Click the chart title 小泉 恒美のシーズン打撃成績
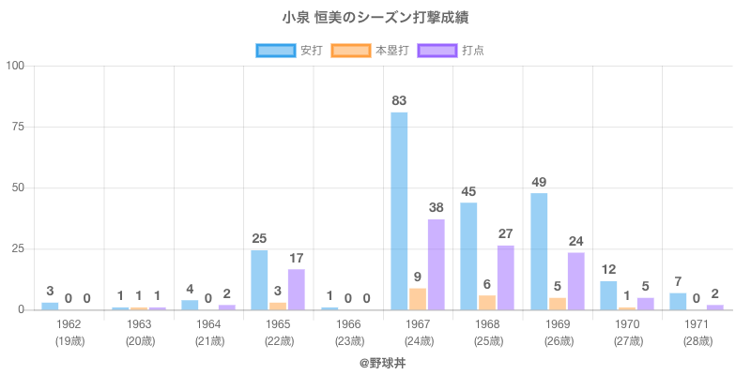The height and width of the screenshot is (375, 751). [375, 18]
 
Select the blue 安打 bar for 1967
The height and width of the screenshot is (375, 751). [399, 211]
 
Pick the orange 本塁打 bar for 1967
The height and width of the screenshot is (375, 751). [418, 299]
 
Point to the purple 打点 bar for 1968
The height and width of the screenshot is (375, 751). [506, 277]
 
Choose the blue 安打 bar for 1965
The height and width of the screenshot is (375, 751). [259, 279]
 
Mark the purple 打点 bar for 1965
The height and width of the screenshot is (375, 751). [297, 289]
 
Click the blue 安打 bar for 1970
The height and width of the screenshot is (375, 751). [608, 295]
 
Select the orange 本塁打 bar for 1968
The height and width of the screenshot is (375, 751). [487, 303]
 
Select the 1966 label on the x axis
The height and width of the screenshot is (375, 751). [348, 323]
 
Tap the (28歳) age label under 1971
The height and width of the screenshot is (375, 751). [697, 340]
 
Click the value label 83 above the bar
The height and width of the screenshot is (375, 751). [399, 100]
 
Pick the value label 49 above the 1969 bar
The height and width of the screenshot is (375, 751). [539, 182]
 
